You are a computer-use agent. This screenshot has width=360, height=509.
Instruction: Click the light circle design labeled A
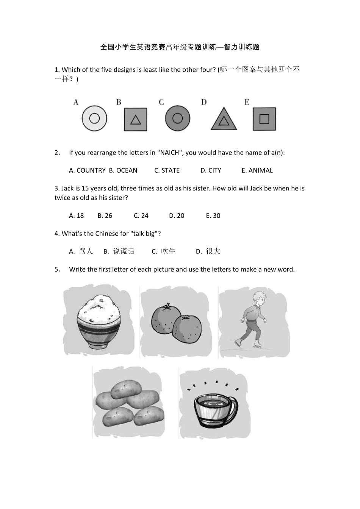pyautogui.click(x=94, y=119)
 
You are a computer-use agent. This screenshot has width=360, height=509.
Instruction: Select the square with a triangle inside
pyautogui.click(x=136, y=119)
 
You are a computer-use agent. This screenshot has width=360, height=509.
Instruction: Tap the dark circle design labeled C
pyautogui.click(x=178, y=119)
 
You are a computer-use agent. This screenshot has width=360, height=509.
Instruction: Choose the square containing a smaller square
pyautogui.click(x=264, y=119)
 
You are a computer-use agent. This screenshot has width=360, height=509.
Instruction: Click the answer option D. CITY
pyautogui.click(x=211, y=170)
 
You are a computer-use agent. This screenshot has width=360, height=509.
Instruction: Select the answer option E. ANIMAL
pyautogui.click(x=257, y=170)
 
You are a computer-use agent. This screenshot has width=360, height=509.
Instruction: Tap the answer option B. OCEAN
pyautogui.click(x=123, y=170)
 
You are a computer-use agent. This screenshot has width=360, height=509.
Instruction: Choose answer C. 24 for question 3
pyautogui.click(x=141, y=215)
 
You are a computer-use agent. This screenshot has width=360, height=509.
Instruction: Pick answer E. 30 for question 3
pyautogui.click(x=213, y=215)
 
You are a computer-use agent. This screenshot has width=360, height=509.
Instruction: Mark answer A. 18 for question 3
pyautogui.click(x=77, y=215)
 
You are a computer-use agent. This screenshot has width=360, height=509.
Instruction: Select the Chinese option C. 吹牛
pyautogui.click(x=163, y=251)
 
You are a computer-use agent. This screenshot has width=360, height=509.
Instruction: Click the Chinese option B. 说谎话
pyautogui.click(x=119, y=251)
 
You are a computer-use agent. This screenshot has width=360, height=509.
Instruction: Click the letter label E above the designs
pyautogui.click(x=247, y=102)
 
